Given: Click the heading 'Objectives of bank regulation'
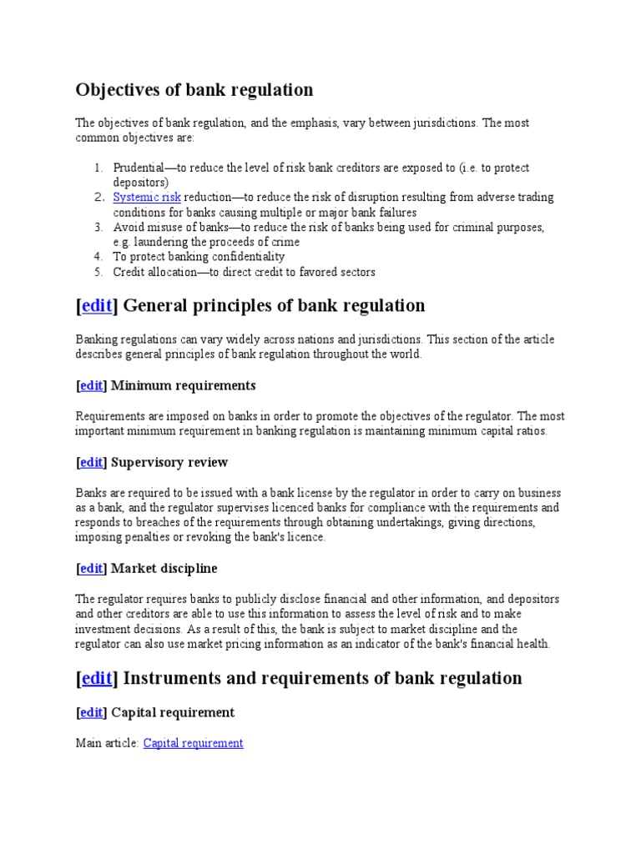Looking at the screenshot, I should (x=194, y=90).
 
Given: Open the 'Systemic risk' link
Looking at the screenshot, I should (x=147, y=198).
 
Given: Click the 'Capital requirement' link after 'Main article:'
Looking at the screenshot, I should (x=193, y=743).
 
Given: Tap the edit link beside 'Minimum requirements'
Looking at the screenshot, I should (x=92, y=386).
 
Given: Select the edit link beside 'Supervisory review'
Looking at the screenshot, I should (x=92, y=463).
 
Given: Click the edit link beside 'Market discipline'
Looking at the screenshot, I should (x=92, y=569).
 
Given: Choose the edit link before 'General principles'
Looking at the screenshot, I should (x=97, y=306).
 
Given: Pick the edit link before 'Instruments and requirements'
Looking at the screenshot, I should (x=97, y=679).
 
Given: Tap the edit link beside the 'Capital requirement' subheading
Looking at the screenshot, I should (x=92, y=713).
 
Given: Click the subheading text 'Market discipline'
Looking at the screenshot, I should (x=164, y=569).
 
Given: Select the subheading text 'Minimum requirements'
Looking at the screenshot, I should (x=184, y=386).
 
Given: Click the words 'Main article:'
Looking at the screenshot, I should (x=108, y=743).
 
